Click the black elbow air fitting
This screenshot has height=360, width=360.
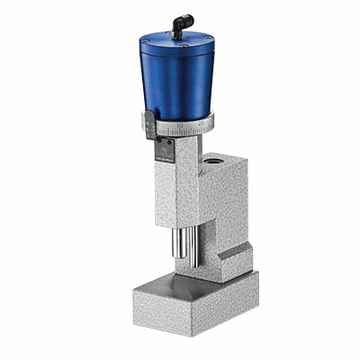(x=180, y=30)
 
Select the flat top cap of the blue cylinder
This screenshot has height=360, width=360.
(x=176, y=42)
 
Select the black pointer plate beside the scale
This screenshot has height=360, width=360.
(x=151, y=125)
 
